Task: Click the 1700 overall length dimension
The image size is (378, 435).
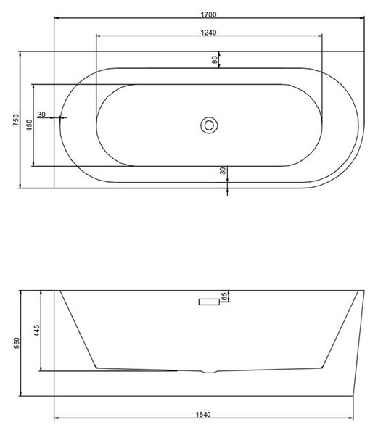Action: (208, 14)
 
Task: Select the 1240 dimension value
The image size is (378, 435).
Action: (208, 33)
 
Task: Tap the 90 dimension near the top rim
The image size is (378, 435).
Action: (215, 59)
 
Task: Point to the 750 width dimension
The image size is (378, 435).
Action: (16, 120)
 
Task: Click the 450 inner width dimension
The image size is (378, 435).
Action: (30, 125)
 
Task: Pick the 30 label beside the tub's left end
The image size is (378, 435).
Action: (41, 115)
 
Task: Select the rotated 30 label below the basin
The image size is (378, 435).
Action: (223, 171)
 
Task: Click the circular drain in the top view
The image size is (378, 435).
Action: (209, 125)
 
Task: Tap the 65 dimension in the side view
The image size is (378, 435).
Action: (224, 296)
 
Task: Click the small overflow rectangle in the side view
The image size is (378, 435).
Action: (209, 302)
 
